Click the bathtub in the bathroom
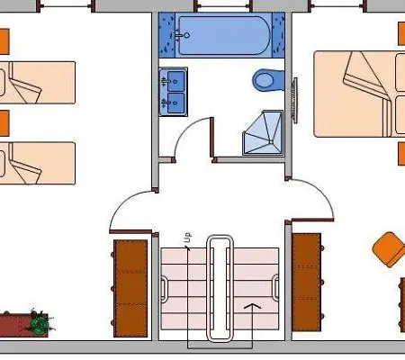(222, 35)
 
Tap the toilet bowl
(267, 80)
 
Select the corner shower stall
(263, 132)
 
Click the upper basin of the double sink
(175, 81)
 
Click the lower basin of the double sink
(175, 103)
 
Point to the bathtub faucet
(182, 35)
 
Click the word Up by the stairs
(187, 238)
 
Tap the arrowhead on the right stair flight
(252, 306)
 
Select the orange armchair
(389, 249)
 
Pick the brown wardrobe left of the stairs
(130, 288)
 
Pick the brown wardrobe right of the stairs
(307, 283)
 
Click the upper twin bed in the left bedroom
(38, 83)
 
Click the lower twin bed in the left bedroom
(38, 163)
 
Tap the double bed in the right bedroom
(359, 94)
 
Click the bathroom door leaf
(211, 138)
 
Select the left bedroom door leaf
(130, 231)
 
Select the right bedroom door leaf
(312, 220)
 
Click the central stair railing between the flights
(220, 288)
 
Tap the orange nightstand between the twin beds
(4, 123)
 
